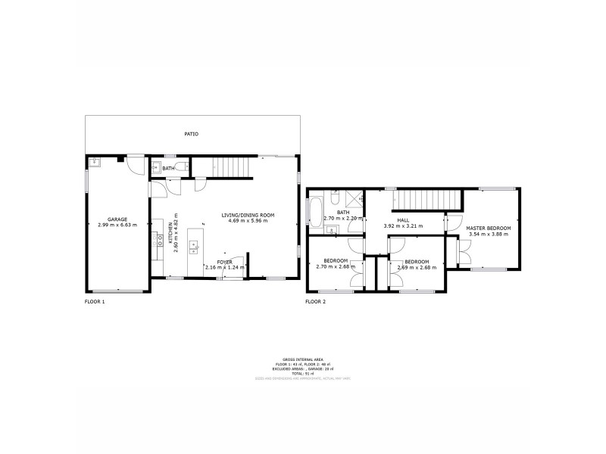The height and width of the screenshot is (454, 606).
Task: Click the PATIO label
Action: tap(192, 134)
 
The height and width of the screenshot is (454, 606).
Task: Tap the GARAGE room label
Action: tap(117, 219)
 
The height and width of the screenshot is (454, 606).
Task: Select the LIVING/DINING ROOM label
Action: tap(248, 215)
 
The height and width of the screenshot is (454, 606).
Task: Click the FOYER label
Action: tap(225, 261)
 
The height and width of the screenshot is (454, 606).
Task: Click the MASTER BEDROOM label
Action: tap(489, 228)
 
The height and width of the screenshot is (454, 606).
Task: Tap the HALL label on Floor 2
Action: tap(403, 219)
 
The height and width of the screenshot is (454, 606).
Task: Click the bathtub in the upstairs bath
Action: tap(315, 211)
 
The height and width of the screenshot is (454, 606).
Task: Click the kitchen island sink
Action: tap(194, 245)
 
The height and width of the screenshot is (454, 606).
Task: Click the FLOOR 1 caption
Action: tap(95, 302)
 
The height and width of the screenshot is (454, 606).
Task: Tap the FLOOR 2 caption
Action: tap(315, 302)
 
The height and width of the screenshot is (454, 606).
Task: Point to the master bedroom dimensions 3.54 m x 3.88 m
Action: tap(489, 234)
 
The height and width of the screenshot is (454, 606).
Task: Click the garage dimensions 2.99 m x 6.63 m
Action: tap(117, 225)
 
